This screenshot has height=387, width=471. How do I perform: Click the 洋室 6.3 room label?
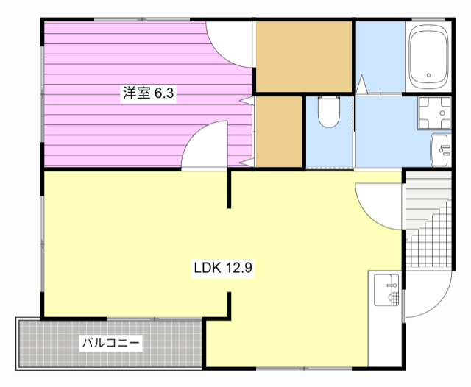tap(148, 93)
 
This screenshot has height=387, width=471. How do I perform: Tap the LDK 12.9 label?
tap(223, 268)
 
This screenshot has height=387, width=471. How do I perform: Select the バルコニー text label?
tap(111, 343)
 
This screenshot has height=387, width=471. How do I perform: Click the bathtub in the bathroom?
tap(428, 57)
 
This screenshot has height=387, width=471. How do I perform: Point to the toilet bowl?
tap(329, 112)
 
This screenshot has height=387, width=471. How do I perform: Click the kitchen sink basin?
tap(386, 290)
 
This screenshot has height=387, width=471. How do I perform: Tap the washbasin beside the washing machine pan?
tap(440, 150)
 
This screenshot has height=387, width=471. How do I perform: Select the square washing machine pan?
tap(434, 113)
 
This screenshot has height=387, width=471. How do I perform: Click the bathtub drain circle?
tap(428, 75)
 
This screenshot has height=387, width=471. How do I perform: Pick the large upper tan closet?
tap(304, 57)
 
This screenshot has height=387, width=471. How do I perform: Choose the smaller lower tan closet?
tap(278, 132)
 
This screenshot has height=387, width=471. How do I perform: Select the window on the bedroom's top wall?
tap(142, 20)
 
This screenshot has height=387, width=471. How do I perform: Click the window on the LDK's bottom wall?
tap(304, 369)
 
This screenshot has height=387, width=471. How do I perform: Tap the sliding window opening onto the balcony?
tap(154, 319)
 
